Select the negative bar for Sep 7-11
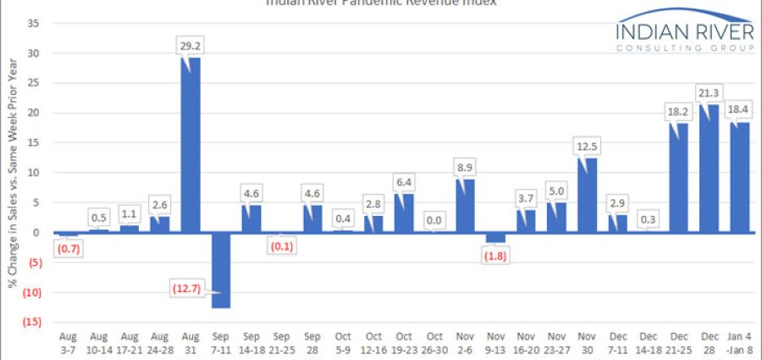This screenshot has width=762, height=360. point(220,270)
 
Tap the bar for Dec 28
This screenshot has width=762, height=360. point(710,168)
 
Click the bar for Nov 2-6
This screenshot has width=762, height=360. point(466,205)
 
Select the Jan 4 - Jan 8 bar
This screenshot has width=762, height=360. point(739,176)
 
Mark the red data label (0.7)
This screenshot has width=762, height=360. point(68,249)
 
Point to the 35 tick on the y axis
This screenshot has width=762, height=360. point(34,23)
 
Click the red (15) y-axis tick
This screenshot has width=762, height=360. point(32,323)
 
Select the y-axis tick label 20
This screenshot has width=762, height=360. point(34,113)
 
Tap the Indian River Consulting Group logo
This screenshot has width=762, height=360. point(684,33)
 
